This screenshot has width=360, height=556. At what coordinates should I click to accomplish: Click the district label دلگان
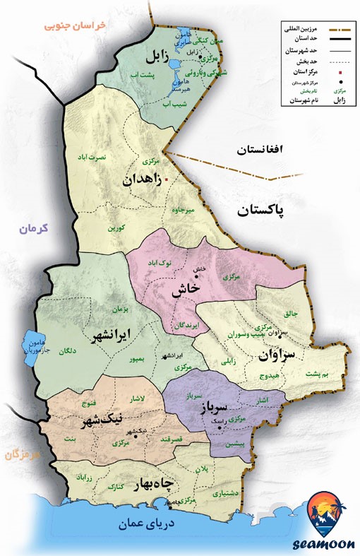click(x=67, y=350)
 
